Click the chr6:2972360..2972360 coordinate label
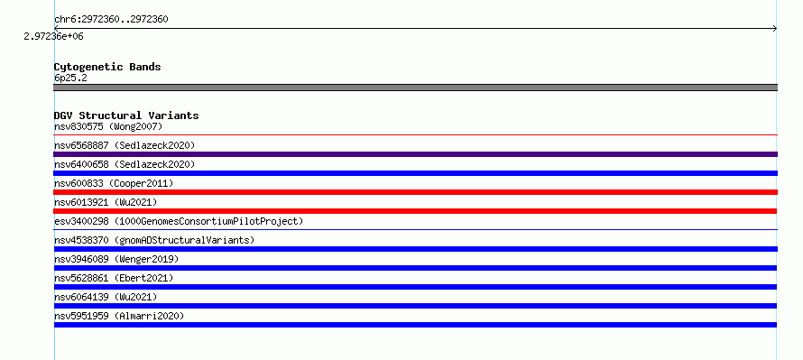coord(111,20)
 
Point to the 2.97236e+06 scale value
coord(53,37)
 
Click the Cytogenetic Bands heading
coord(107,67)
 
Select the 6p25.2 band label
coord(70,78)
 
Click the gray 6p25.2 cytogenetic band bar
coord(415,88)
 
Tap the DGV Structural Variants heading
coord(126,115)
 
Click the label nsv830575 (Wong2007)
coord(108,126)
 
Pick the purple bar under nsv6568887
coord(415,154)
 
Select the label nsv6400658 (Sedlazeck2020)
coord(125,164)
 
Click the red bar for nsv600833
coord(415,192)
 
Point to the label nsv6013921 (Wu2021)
coord(106,202)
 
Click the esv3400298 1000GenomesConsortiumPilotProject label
coord(179,221)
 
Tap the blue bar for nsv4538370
coord(415,249)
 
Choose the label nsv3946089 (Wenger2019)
coord(116,259)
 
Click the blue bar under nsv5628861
coord(415,287)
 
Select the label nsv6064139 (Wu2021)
coord(106,297)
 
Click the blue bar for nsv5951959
coord(415,325)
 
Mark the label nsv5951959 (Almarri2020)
coord(119,316)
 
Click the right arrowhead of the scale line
coord(775,29)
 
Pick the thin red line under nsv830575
coord(415,134)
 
